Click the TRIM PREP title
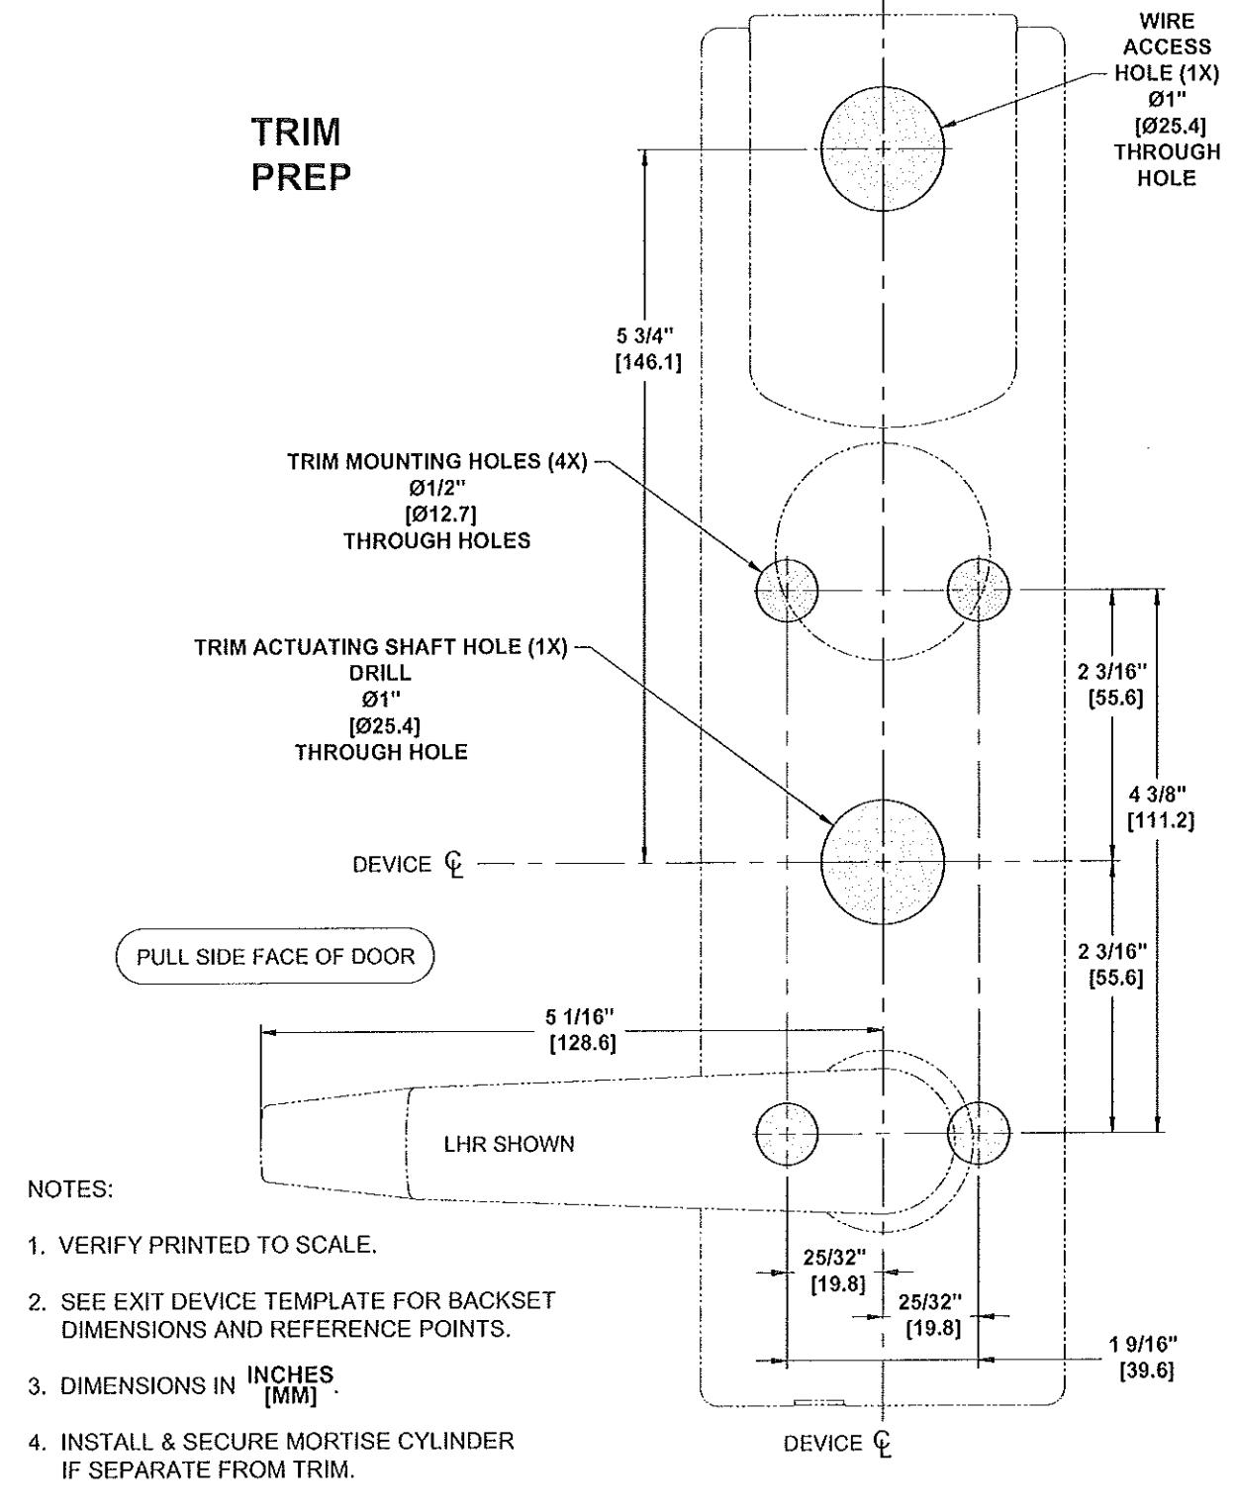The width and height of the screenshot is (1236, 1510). (x=301, y=154)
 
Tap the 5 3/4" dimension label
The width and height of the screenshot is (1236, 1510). (x=645, y=335)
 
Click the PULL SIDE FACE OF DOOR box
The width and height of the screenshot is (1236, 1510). (x=275, y=957)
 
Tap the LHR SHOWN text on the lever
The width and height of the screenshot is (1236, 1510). (x=510, y=1144)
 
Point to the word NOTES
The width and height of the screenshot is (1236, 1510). (x=70, y=1189)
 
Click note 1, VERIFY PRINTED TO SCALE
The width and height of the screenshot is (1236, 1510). (x=202, y=1245)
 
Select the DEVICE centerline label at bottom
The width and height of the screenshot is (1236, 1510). (x=838, y=1444)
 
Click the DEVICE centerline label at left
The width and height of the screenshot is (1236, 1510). (x=408, y=865)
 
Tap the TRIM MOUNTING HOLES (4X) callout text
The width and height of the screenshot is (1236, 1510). (x=436, y=462)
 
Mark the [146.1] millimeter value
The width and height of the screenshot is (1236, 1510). (x=648, y=362)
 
